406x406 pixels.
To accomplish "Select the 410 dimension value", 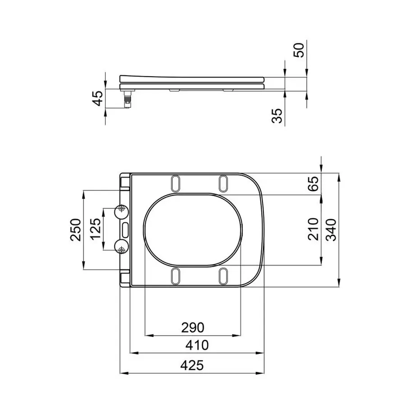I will pos(197,346).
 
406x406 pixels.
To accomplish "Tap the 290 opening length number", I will pos(192,327).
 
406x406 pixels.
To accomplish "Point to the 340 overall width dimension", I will pos(331,230).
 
